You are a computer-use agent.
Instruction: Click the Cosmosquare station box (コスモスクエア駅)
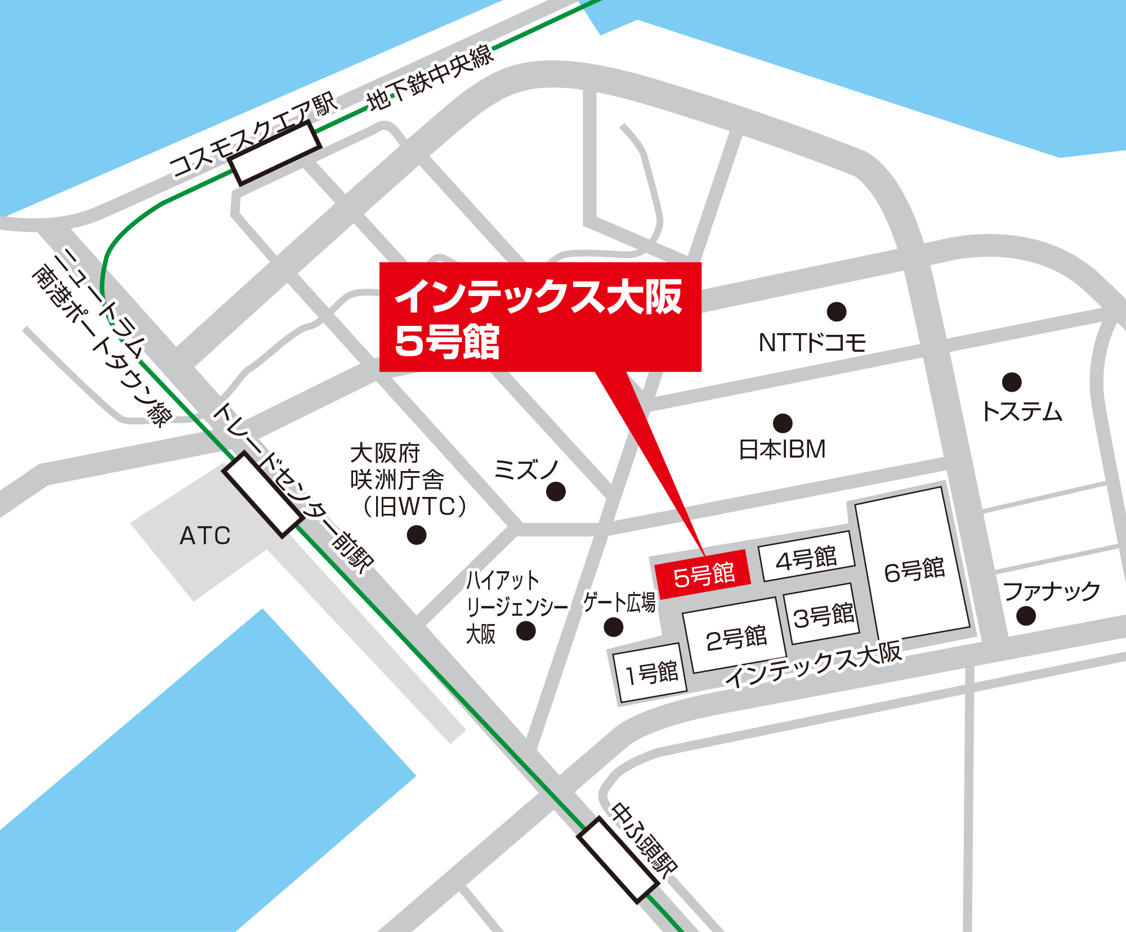275,153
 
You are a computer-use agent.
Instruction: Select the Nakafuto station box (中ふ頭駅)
618,860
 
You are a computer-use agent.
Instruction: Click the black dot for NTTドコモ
837,311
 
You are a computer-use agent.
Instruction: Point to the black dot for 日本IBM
783,423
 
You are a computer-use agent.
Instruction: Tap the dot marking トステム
1012,382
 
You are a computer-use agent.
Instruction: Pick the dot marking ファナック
1026,616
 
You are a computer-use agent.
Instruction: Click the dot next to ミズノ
556,491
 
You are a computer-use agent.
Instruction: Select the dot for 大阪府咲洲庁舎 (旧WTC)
416,535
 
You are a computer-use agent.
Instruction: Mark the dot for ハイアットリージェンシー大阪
526,631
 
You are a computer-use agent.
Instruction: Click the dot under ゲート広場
613,627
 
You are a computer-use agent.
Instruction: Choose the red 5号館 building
703,575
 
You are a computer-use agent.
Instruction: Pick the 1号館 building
651,673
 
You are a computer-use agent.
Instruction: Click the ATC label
205,535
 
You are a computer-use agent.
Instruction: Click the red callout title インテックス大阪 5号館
539,317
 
